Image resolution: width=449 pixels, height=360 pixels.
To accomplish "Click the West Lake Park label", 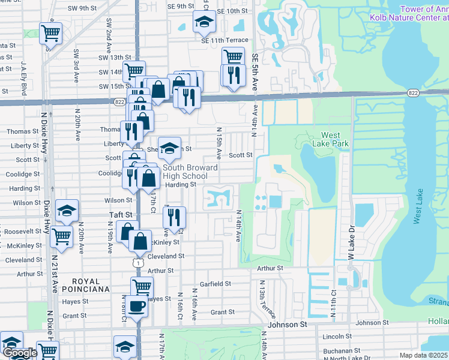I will tap(327, 139).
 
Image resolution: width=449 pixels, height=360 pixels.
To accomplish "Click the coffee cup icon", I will tap(136, 306).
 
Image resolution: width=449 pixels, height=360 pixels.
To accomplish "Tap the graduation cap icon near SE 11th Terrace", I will tap(204, 23).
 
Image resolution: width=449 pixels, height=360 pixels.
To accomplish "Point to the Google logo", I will tap(19, 353).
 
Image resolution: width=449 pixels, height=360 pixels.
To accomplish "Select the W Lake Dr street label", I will tap(352, 242).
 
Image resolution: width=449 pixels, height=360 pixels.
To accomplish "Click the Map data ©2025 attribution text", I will tap(424, 355).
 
